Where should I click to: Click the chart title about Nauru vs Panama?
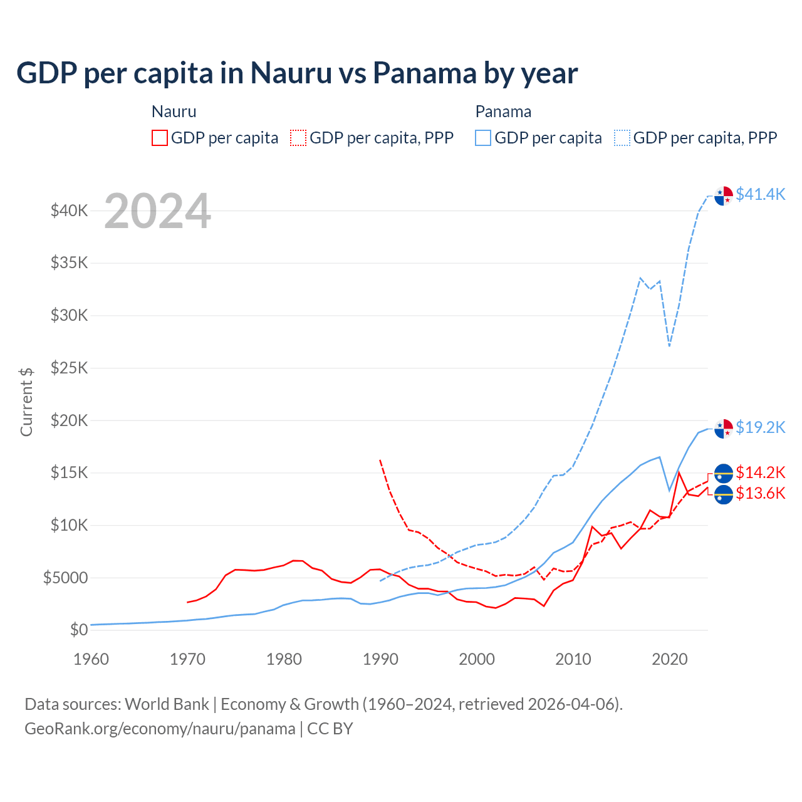(297, 73)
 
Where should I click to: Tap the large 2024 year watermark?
(157, 212)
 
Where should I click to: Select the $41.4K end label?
(760, 194)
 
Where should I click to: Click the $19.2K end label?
(760, 427)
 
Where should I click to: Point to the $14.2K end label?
(760, 472)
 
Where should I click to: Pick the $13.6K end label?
(760, 494)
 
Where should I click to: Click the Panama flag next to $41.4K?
(724, 195)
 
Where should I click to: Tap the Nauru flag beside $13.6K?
(724, 494)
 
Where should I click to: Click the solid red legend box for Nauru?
(160, 138)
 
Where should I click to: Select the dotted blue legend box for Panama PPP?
(622, 138)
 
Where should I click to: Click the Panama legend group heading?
(503, 112)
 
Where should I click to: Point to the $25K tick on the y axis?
(70, 368)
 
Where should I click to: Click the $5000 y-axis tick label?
(66, 578)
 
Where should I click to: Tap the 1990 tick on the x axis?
(380, 659)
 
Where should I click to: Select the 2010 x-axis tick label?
(573, 659)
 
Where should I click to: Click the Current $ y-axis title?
(26, 402)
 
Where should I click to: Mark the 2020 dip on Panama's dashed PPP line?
(669, 346)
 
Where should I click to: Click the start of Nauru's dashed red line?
(380, 460)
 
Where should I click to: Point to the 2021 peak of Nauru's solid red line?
(679, 472)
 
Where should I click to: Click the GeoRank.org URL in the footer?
(160, 729)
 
